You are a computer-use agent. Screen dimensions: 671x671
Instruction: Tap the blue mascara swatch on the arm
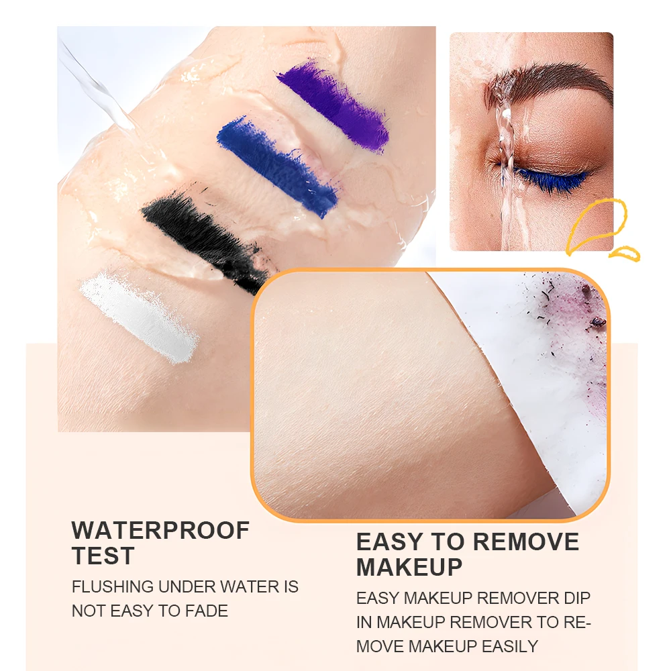click(276, 164)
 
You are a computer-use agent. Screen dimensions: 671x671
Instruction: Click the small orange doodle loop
click(625, 253)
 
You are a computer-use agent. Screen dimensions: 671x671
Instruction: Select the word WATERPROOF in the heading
click(160, 530)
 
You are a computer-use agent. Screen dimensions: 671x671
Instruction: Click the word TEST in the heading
click(103, 556)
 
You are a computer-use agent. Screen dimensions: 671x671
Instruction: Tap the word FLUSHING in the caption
click(112, 586)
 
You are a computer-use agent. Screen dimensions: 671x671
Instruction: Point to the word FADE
click(207, 611)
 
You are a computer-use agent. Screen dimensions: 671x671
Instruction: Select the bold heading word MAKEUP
click(409, 568)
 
